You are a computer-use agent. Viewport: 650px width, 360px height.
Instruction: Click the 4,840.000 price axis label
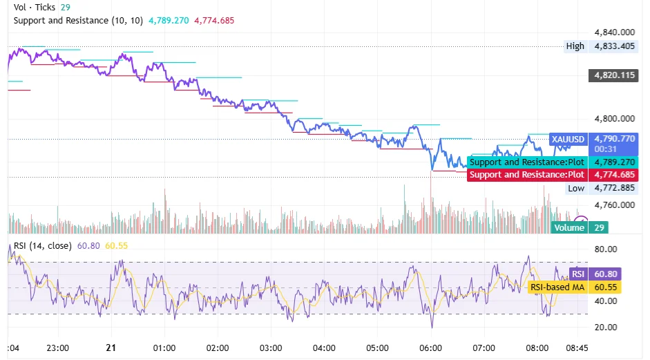(x=614, y=32)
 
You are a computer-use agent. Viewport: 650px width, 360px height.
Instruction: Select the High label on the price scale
(x=575, y=46)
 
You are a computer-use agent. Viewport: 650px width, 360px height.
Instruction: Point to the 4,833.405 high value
(x=614, y=46)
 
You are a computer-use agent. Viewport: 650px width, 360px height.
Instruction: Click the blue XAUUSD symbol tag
(x=568, y=139)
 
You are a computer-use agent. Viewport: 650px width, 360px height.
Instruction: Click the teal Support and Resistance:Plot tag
(x=526, y=162)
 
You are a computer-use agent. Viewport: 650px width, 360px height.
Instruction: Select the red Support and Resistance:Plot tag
(x=526, y=175)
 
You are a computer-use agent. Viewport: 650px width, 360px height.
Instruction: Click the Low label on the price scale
(x=575, y=188)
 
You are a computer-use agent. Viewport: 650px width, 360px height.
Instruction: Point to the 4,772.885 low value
(x=614, y=188)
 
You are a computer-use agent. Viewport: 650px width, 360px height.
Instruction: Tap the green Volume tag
(x=570, y=227)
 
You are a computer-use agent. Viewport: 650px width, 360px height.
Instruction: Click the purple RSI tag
(x=577, y=274)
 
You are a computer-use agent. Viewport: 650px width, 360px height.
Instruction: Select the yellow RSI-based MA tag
(x=557, y=287)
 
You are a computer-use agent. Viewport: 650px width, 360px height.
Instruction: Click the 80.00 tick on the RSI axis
(x=606, y=249)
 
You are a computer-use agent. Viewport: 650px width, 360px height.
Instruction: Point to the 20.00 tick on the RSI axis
(x=606, y=327)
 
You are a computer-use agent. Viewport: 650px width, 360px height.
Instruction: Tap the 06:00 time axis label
(x=431, y=348)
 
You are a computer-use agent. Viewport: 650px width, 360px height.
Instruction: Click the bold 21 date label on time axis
(x=111, y=348)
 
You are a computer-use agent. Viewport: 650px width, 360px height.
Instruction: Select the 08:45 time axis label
(x=577, y=348)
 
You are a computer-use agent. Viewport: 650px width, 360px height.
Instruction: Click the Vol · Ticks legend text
(x=35, y=6)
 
